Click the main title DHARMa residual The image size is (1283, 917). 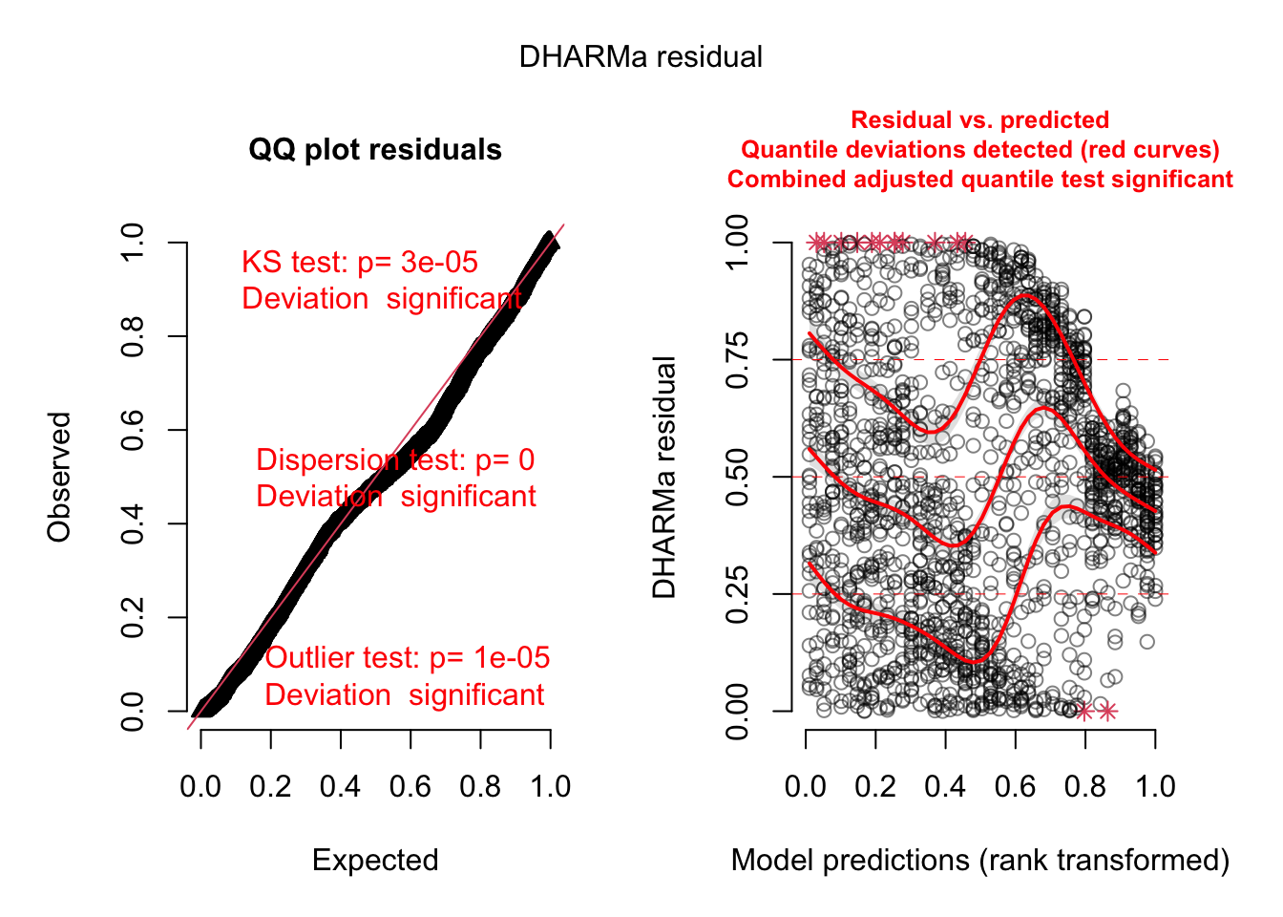(641, 57)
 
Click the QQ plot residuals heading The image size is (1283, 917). (375, 150)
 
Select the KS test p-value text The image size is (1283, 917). (360, 263)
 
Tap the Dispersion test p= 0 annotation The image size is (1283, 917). (395, 460)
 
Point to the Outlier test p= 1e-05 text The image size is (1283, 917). (408, 658)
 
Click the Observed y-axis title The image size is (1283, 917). (60, 477)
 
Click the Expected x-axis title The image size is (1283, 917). (375, 860)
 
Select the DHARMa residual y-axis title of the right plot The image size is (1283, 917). (664, 477)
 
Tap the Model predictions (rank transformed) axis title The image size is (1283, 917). (979, 860)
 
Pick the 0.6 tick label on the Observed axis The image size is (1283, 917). (133, 430)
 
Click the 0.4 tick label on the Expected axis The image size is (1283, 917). (340, 787)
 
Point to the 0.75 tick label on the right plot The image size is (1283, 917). (738, 360)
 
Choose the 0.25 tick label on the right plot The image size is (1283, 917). (738, 594)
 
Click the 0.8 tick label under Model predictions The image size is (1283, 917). (1085, 787)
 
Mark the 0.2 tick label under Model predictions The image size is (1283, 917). (875, 787)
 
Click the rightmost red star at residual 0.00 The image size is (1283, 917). (1107, 711)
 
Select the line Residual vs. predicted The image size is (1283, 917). (979, 120)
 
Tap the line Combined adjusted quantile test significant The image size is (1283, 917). (979, 180)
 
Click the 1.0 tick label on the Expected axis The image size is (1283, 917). (550, 787)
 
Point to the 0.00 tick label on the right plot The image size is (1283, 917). (738, 711)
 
